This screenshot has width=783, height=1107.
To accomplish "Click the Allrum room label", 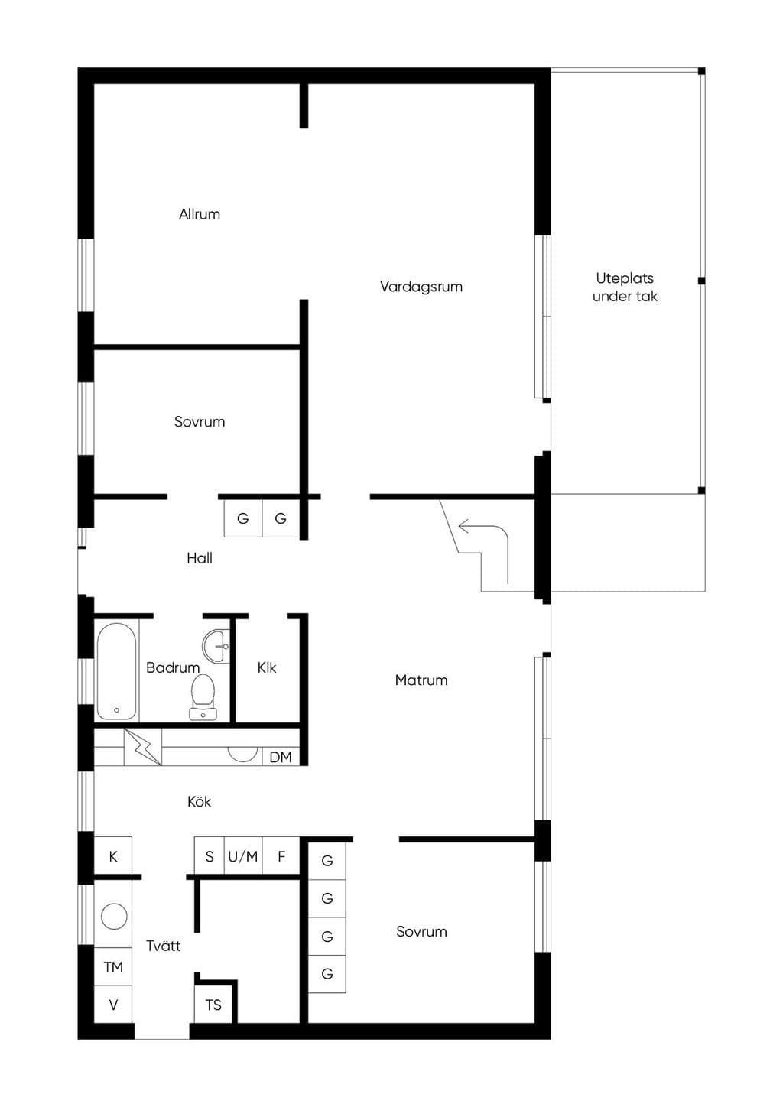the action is click(200, 214).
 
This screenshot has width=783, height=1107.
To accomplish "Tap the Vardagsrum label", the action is click(421, 287).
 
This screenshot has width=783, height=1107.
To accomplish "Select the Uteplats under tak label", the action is click(625, 287).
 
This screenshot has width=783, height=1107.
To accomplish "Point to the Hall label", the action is click(200, 558).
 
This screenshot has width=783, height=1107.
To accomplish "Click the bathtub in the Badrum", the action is click(116, 671).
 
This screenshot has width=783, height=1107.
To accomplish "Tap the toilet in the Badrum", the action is click(202, 697).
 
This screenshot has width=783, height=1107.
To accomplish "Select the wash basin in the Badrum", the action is click(216, 646).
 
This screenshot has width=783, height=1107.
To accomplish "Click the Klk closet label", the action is click(266, 667).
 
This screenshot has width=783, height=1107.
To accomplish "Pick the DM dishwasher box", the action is click(281, 757).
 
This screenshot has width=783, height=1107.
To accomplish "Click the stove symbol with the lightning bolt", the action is click(142, 747).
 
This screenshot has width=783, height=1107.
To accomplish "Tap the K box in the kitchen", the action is click(112, 856).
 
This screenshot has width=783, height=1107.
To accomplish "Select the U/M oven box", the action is click(242, 856).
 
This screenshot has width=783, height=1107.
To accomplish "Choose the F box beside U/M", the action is click(281, 856).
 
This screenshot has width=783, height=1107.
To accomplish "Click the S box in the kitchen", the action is click(209, 856).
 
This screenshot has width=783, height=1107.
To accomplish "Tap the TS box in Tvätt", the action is click(213, 1005).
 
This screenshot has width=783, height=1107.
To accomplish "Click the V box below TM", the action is click(112, 1005).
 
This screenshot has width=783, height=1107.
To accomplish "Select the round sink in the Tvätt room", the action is click(114, 916).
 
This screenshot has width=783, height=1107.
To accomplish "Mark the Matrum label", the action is click(421, 680).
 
